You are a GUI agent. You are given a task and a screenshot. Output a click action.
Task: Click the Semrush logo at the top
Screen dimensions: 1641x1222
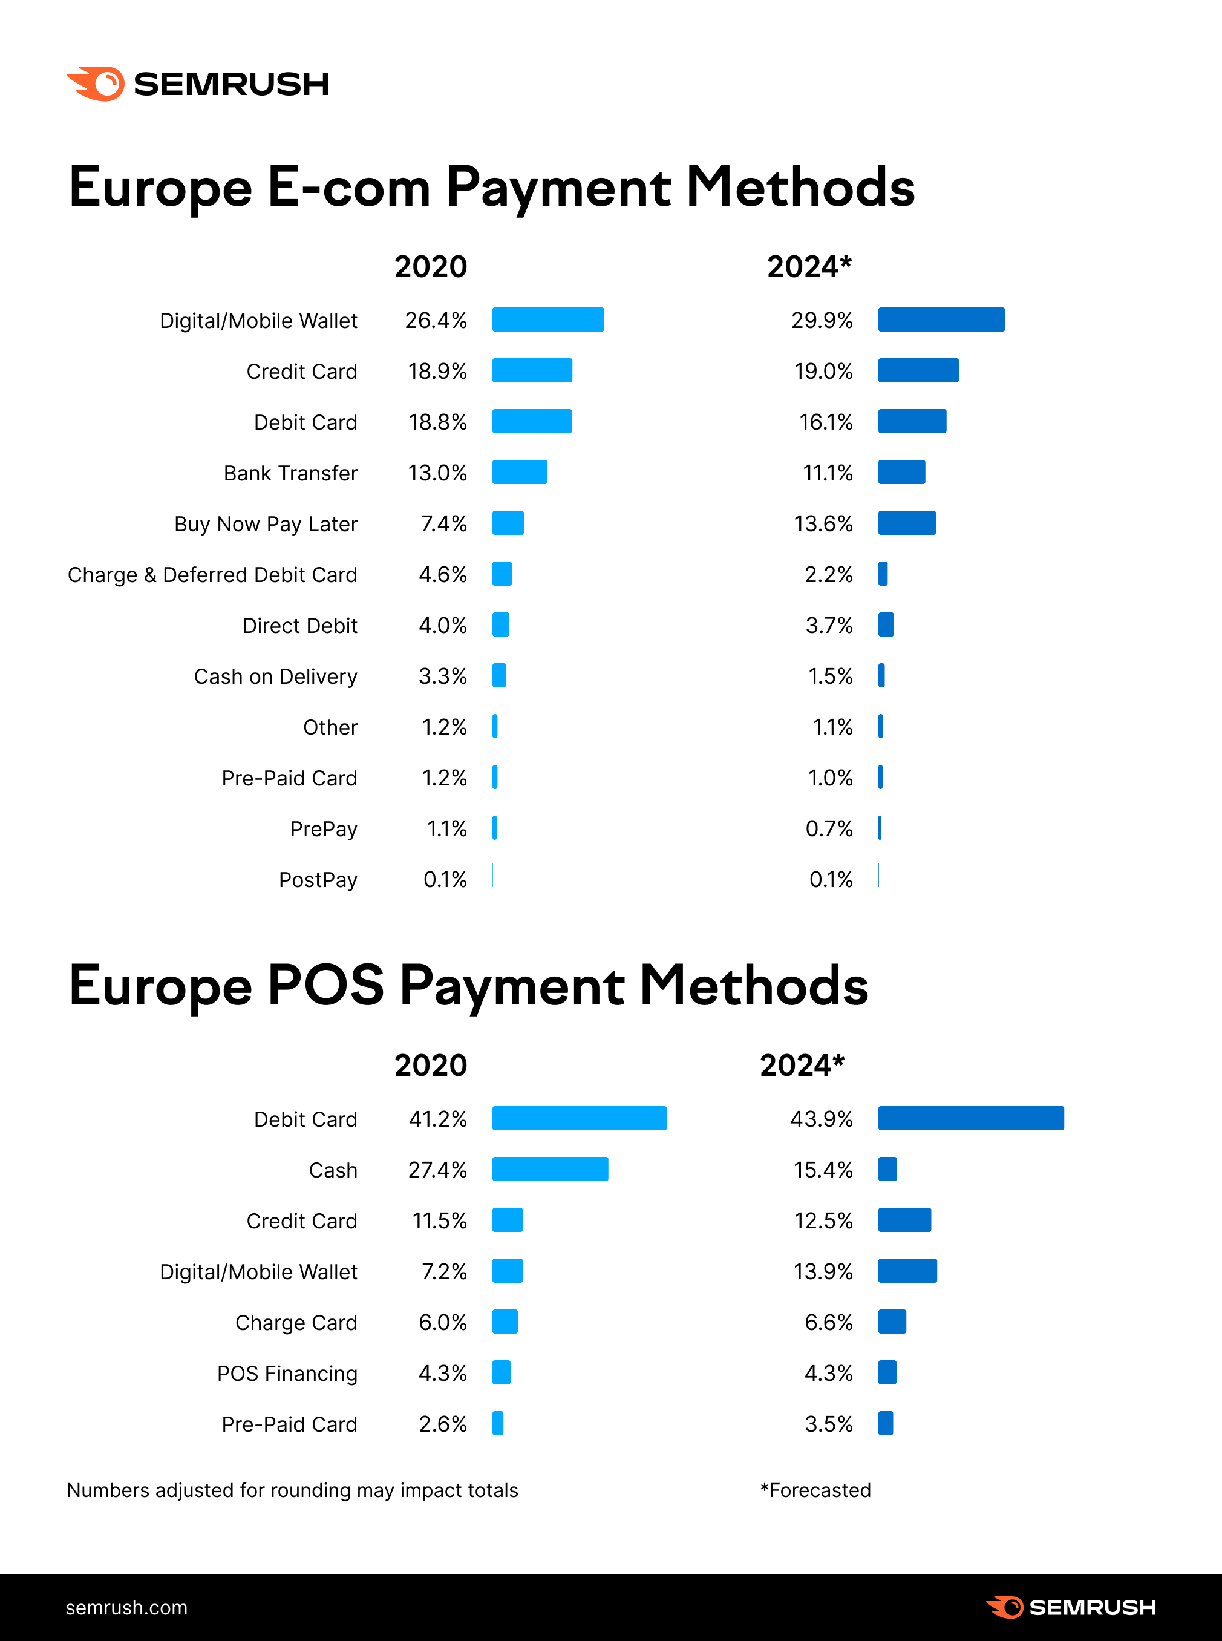coord(197,84)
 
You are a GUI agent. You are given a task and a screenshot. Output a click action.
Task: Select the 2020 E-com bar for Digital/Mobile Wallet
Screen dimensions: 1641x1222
coord(547,319)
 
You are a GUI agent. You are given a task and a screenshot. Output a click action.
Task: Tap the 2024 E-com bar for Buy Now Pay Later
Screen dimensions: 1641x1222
coord(906,523)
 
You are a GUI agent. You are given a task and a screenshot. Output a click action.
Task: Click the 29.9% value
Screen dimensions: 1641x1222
coord(821,320)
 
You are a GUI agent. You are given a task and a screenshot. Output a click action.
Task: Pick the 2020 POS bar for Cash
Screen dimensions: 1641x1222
coord(550,1169)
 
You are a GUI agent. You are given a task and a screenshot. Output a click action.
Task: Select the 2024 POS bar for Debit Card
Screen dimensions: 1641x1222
coord(970,1118)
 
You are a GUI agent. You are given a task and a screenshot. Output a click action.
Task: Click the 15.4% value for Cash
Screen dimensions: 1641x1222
coord(823,1170)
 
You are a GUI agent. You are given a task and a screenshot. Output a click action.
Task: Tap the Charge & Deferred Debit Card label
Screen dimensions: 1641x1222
coord(212,575)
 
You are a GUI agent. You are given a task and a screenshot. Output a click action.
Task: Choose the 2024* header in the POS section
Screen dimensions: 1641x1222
coord(802,1066)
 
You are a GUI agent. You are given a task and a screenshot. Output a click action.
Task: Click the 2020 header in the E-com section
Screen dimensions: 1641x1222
coord(431,266)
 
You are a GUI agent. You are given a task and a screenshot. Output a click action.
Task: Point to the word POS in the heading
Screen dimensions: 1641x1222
coord(325,986)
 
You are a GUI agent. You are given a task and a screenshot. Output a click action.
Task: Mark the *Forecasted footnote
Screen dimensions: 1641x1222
coord(815,1490)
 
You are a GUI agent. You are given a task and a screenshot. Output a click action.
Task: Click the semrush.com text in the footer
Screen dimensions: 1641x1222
coord(126,1608)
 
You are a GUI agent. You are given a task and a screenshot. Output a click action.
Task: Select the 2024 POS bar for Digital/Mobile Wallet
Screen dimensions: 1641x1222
coord(907,1271)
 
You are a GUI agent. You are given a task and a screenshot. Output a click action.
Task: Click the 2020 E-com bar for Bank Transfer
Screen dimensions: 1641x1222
coord(519,472)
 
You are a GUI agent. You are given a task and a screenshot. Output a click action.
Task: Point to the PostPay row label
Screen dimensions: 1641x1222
coord(318,880)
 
